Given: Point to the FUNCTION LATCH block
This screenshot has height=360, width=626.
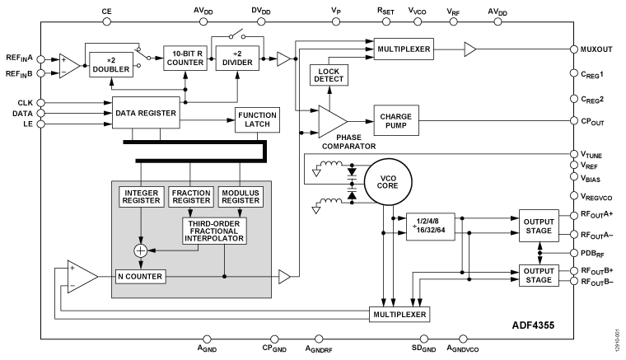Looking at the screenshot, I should click(x=258, y=120).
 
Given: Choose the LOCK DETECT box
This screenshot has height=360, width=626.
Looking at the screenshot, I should click(x=329, y=76).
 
